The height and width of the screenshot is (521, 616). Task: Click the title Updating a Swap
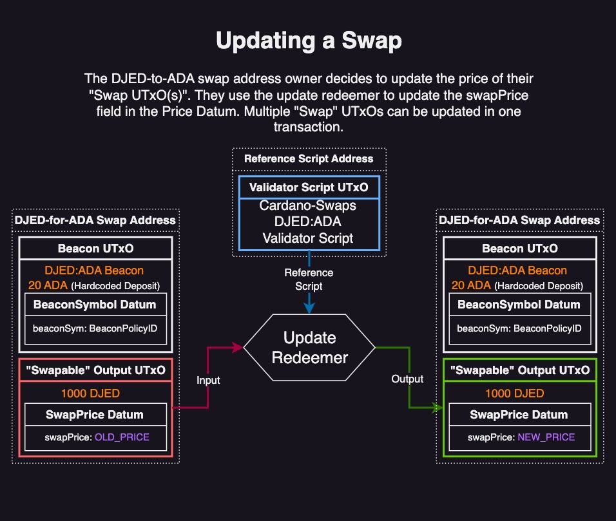click(x=309, y=41)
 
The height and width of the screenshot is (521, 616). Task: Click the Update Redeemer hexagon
click(x=309, y=348)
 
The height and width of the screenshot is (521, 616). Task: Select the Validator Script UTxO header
click(x=309, y=187)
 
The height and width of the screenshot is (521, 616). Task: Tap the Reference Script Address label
click(x=309, y=158)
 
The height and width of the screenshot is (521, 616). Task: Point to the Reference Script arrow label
click(x=309, y=278)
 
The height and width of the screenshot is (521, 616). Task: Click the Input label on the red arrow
click(x=208, y=380)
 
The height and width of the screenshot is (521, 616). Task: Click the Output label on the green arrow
click(x=407, y=379)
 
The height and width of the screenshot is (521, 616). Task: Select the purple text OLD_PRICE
click(x=122, y=437)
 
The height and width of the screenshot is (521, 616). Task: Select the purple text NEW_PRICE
click(x=546, y=437)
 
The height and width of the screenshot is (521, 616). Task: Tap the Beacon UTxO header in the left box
click(x=95, y=249)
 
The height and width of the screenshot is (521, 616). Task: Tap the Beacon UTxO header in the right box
click(x=519, y=249)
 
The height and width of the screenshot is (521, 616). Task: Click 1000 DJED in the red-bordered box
click(x=90, y=393)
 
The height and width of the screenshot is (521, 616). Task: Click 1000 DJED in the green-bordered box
click(x=514, y=393)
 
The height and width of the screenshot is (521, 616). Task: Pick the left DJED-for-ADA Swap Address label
click(x=95, y=220)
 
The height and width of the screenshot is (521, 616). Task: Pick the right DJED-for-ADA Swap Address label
click(x=519, y=220)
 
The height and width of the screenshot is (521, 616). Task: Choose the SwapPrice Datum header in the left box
click(x=95, y=415)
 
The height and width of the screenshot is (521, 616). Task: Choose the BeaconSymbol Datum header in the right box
click(x=519, y=305)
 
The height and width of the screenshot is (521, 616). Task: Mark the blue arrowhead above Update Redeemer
click(x=309, y=308)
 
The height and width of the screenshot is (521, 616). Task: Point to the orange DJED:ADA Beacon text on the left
click(x=94, y=270)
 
